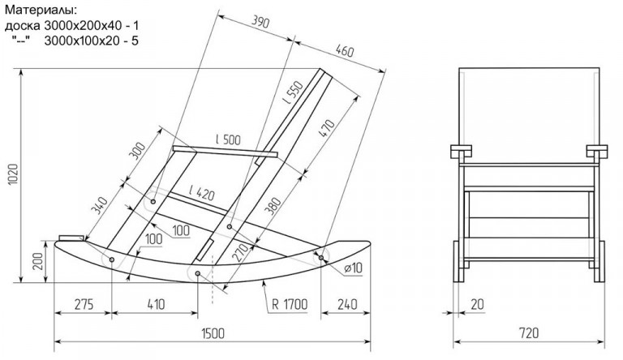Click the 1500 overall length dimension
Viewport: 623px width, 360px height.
[x=213, y=333]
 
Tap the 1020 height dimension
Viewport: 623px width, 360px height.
[x=13, y=174]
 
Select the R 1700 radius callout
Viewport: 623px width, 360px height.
[x=290, y=304]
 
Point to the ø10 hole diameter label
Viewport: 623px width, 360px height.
[x=353, y=268]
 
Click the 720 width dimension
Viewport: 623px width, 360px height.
[x=528, y=332]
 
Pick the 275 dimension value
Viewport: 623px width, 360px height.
[x=84, y=304]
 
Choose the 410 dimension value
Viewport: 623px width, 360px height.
[x=156, y=304]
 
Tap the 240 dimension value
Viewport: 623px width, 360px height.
[x=347, y=304]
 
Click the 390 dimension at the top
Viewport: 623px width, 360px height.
[x=260, y=22]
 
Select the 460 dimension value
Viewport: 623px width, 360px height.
[x=344, y=51]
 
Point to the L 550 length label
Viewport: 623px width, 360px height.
[x=293, y=92]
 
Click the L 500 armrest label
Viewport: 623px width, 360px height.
[x=228, y=139]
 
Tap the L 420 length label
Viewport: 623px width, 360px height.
[x=202, y=193]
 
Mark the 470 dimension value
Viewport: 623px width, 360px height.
[x=327, y=128]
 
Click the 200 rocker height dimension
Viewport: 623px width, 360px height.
[x=38, y=261]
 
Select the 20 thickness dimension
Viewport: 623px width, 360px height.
[x=477, y=304]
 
